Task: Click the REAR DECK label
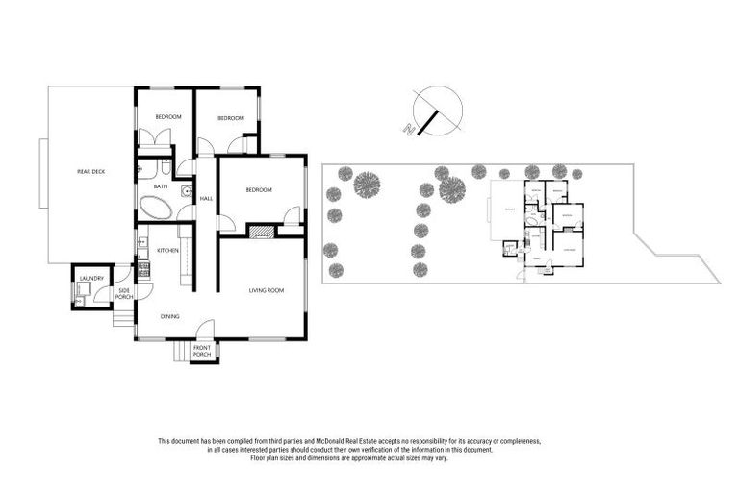point(91,171)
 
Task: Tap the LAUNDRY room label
point(91,278)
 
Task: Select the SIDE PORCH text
point(124,293)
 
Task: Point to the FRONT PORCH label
point(201,351)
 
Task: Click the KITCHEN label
point(167,251)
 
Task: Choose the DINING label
point(169,316)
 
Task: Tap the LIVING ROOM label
point(266,288)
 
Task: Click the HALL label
point(205,199)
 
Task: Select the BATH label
point(160,186)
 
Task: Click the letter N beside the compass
point(410,129)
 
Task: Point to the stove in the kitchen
point(143,269)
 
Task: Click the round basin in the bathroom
point(188,190)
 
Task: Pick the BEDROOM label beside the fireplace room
point(259,190)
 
